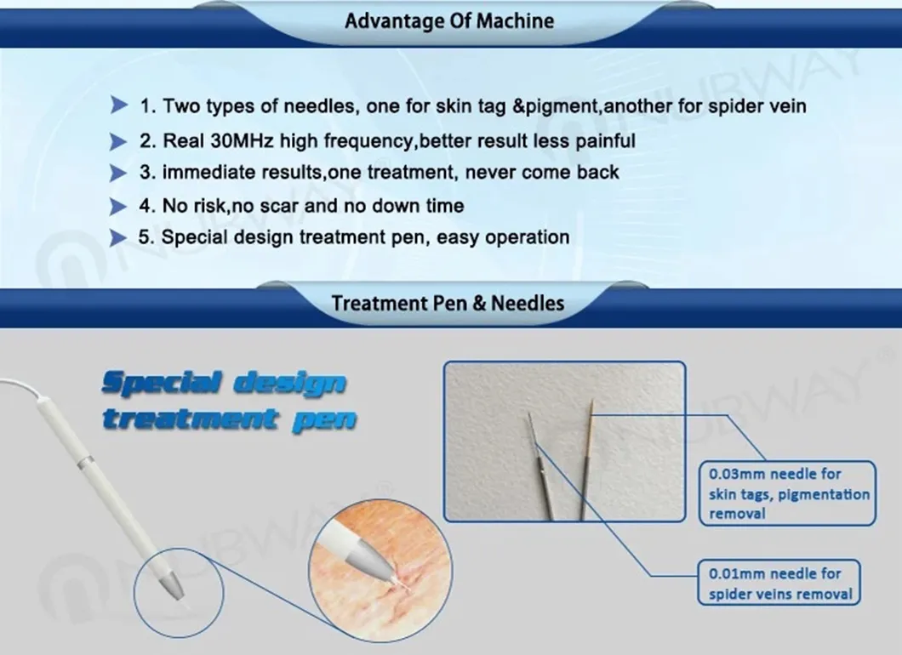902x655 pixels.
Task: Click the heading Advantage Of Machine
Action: [x=448, y=21]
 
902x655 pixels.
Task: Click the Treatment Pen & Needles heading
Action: [x=448, y=303]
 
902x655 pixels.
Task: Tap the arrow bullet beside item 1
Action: [x=118, y=106]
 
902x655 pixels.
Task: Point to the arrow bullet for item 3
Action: [x=118, y=173]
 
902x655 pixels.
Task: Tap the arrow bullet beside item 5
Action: [x=118, y=237]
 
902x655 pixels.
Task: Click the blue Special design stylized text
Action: [x=223, y=384]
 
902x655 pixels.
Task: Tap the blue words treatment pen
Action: [x=228, y=419]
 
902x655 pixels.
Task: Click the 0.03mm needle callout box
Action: [x=783, y=493]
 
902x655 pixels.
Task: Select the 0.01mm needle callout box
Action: [x=779, y=584]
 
